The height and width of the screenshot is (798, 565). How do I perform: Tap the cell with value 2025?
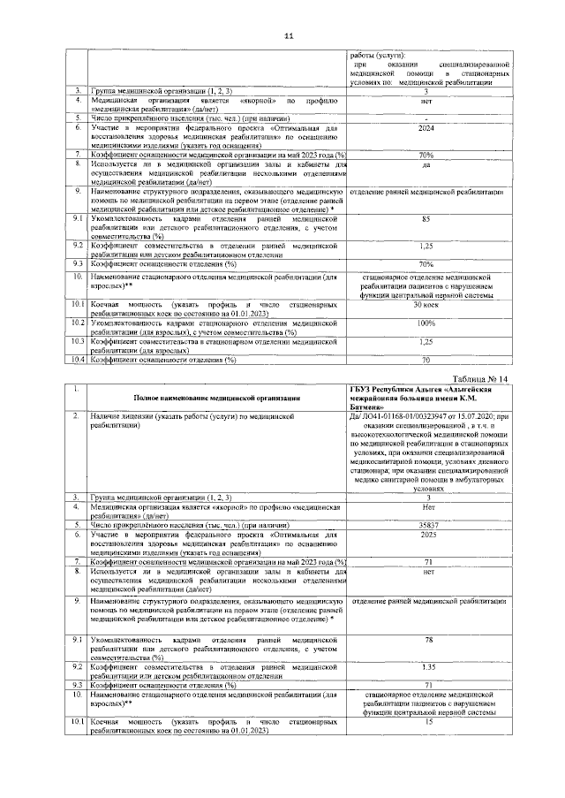(426, 535)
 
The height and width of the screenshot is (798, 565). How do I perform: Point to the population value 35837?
(426, 524)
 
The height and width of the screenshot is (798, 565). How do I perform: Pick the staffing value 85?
(426, 218)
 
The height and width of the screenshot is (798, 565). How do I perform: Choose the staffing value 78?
(427, 640)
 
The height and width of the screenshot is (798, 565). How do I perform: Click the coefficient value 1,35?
(426, 666)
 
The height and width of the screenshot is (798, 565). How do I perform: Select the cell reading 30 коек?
(426, 304)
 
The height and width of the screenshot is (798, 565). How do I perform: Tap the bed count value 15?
(427, 722)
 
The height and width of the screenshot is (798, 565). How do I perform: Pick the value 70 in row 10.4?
(426, 360)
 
